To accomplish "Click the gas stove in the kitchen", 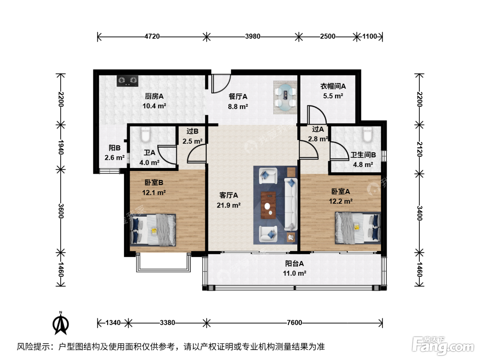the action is [127, 81].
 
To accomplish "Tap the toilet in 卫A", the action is [145, 134].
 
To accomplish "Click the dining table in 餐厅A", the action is [285, 97].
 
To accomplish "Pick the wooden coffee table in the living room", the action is [268, 205].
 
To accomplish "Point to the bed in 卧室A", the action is [358, 228].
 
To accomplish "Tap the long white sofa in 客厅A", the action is [291, 204].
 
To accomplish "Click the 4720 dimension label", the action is [152, 36].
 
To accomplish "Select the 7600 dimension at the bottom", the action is [294, 323].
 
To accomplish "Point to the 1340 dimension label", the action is [113, 323].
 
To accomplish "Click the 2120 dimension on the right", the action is [419, 149].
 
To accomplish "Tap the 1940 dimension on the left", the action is [61, 147].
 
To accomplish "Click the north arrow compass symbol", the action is [61, 323].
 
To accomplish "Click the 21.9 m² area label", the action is [229, 205].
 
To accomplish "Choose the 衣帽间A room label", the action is [333, 86].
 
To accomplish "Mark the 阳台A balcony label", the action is [294, 264].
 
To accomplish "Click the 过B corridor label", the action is [192, 131].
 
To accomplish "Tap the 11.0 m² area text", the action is [295, 273].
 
